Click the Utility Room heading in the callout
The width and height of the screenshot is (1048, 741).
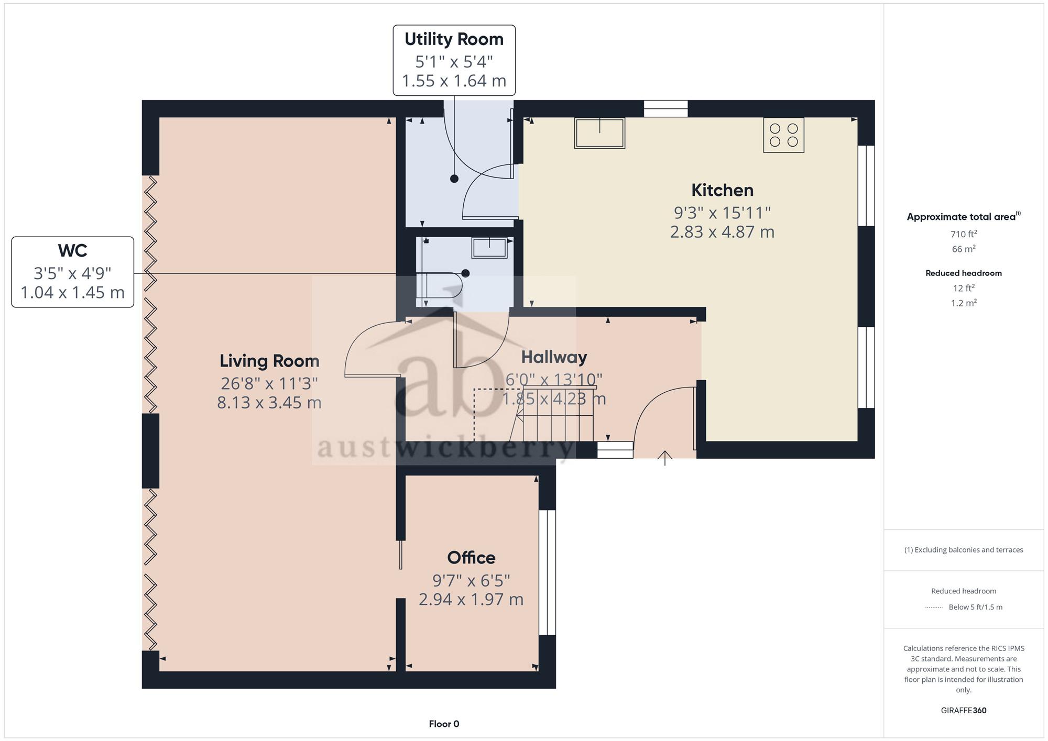pyautogui.click(x=454, y=39)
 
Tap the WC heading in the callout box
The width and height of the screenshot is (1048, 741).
pyautogui.click(x=72, y=251)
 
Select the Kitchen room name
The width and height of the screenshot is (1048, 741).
pyautogui.click(x=722, y=190)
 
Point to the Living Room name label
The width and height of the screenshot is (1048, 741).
pyautogui.click(x=269, y=361)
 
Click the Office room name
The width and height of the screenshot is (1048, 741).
pyautogui.click(x=471, y=558)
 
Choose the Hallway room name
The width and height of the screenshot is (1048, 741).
pyautogui.click(x=554, y=357)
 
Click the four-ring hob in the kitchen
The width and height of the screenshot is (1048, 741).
pyautogui.click(x=783, y=135)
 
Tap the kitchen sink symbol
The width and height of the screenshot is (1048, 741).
pyautogui.click(x=599, y=133)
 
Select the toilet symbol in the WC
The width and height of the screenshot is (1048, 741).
pyautogui.click(x=439, y=286)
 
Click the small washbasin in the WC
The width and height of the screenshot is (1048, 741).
pyautogui.click(x=489, y=247)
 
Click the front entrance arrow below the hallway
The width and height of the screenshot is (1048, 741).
pyautogui.click(x=665, y=458)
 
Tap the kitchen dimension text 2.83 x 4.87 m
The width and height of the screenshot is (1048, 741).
pyautogui.click(x=722, y=232)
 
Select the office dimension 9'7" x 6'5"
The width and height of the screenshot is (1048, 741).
pyautogui.click(x=471, y=581)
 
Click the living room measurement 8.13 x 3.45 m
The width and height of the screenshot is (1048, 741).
pyautogui.click(x=269, y=403)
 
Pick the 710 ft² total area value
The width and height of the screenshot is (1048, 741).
pyautogui.click(x=964, y=234)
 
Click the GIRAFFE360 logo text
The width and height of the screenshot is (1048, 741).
pyautogui.click(x=964, y=711)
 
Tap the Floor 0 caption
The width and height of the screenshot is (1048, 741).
pyautogui.click(x=444, y=724)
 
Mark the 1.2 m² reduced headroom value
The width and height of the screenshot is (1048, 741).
pyautogui.click(x=964, y=303)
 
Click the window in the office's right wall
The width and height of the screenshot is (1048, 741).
pyautogui.click(x=547, y=572)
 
